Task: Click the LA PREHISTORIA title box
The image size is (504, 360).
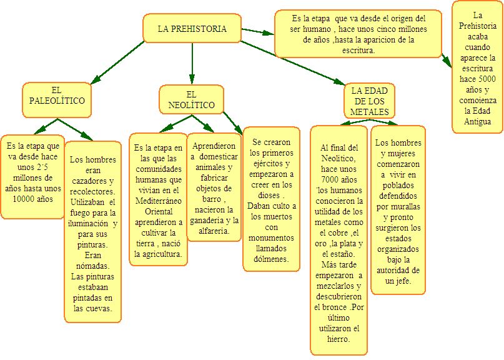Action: click(x=192, y=29)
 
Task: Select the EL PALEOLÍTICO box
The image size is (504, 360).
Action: click(x=57, y=96)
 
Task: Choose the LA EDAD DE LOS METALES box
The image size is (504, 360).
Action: click(x=370, y=101)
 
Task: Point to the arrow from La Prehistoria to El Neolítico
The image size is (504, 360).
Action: click(x=192, y=62)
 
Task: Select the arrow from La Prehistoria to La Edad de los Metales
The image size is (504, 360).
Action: click(x=294, y=62)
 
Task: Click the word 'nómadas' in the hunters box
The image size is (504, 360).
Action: click(x=92, y=266)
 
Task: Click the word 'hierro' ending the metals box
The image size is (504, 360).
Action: click(x=338, y=339)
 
